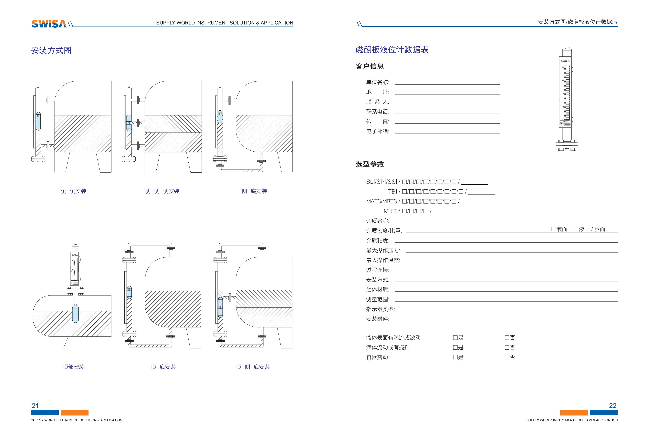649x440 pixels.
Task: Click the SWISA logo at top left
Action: (49, 24)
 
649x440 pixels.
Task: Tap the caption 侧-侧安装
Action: (73, 191)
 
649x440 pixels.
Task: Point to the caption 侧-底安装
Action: (254, 191)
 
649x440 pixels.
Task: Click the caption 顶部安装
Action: (73, 367)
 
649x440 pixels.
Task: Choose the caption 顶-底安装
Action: (163, 367)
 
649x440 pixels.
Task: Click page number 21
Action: (35, 405)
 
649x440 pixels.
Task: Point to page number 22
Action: (613, 405)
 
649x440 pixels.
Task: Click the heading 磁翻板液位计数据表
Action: (392, 50)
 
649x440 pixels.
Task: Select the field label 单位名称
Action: (378, 82)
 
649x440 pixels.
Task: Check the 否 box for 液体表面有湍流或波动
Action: (507, 338)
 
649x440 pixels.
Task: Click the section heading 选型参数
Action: (370, 164)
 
